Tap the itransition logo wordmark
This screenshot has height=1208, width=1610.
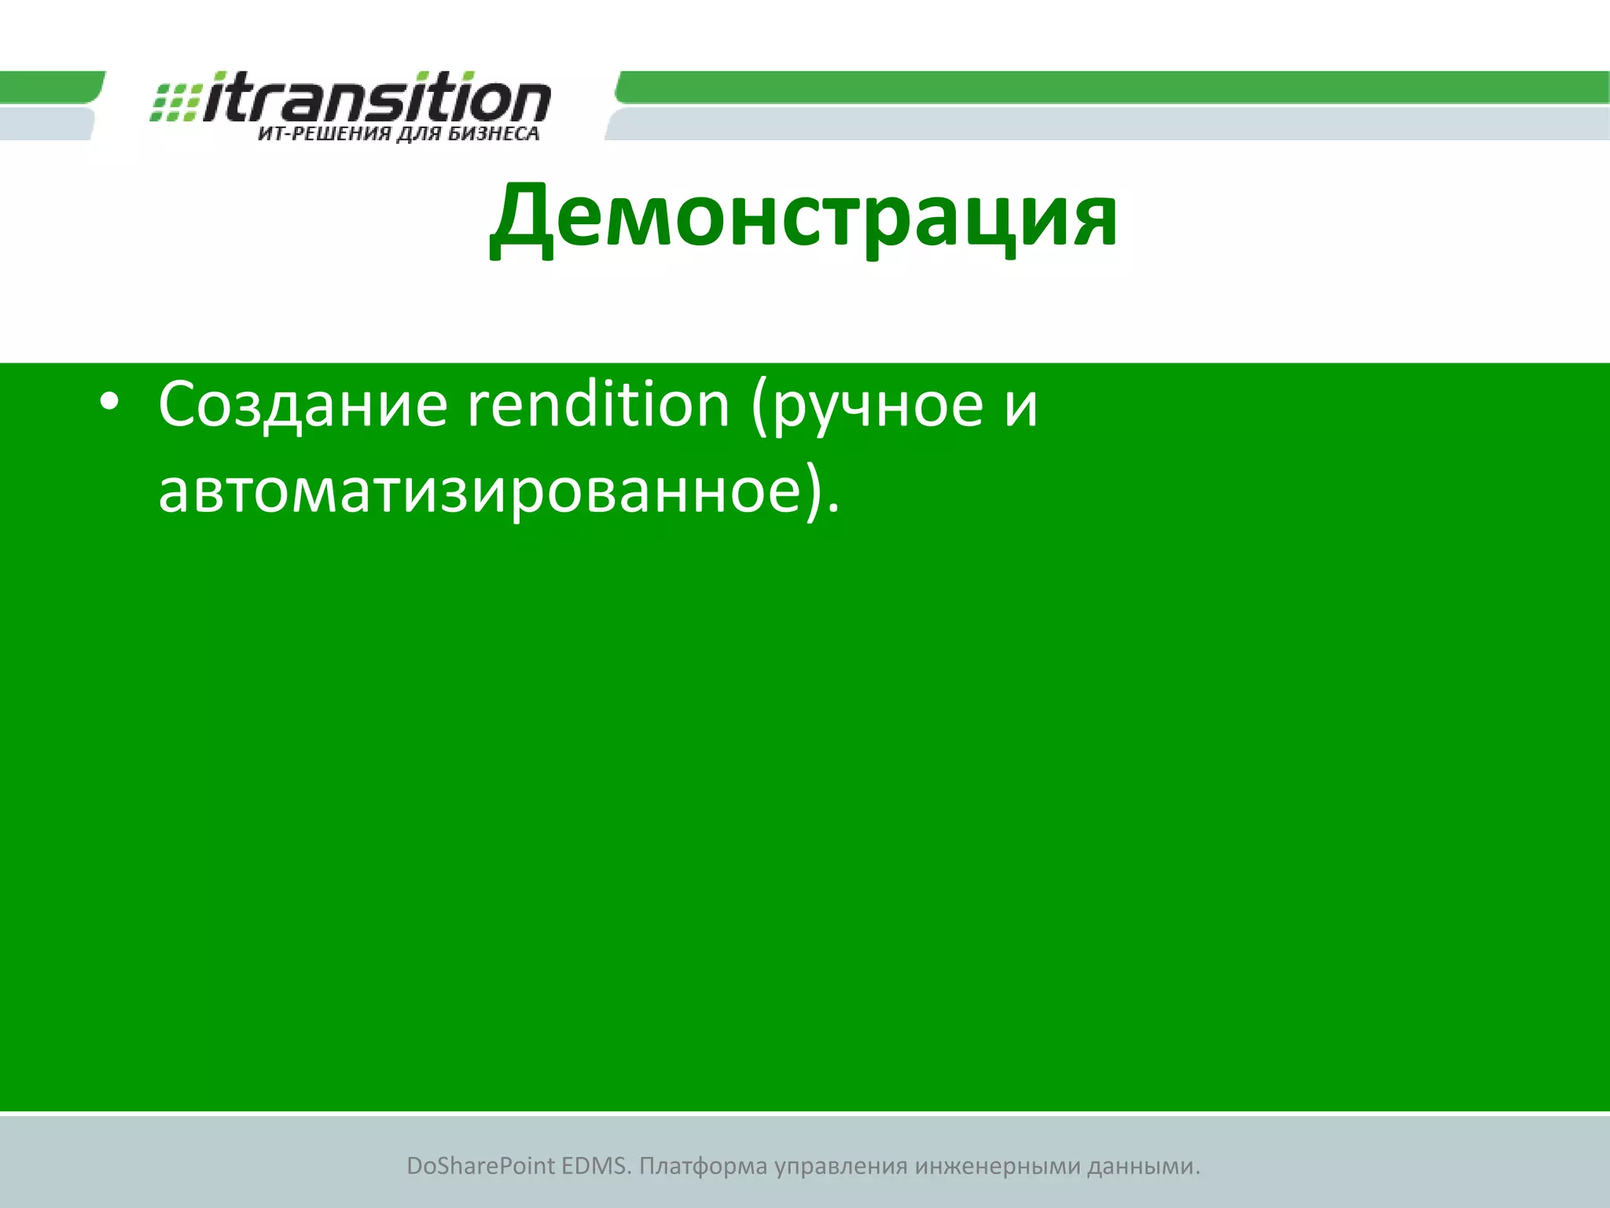(x=376, y=99)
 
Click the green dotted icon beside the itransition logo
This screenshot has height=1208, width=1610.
(x=175, y=103)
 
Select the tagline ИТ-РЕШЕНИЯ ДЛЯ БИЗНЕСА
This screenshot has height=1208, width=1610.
(x=399, y=134)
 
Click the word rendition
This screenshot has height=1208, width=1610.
(x=598, y=404)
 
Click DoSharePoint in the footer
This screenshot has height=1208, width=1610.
(x=480, y=1165)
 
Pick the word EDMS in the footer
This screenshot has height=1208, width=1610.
(x=596, y=1165)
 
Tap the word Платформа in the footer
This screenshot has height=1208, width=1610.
(x=702, y=1166)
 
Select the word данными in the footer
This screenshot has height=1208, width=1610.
(x=1142, y=1166)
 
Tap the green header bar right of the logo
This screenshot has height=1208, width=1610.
(x=1101, y=87)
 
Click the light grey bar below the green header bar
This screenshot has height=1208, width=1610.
(x=1101, y=124)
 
